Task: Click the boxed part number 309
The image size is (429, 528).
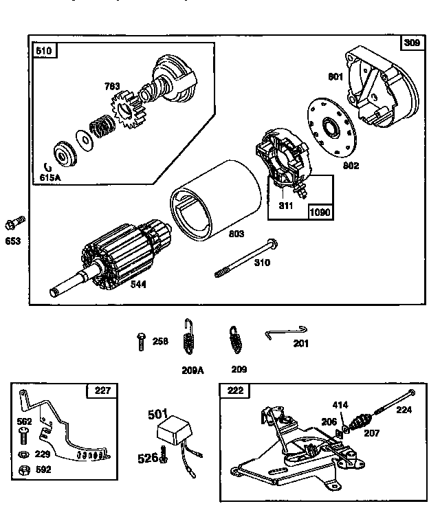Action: pos(411,43)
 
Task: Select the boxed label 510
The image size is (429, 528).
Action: pos(45,50)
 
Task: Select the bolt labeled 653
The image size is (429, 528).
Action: pos(14,223)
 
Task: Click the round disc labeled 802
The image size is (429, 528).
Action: pos(333,128)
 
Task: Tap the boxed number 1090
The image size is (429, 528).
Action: pos(320,212)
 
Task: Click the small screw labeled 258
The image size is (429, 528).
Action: pos(141,339)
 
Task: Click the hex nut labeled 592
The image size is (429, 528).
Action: pos(23,470)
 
